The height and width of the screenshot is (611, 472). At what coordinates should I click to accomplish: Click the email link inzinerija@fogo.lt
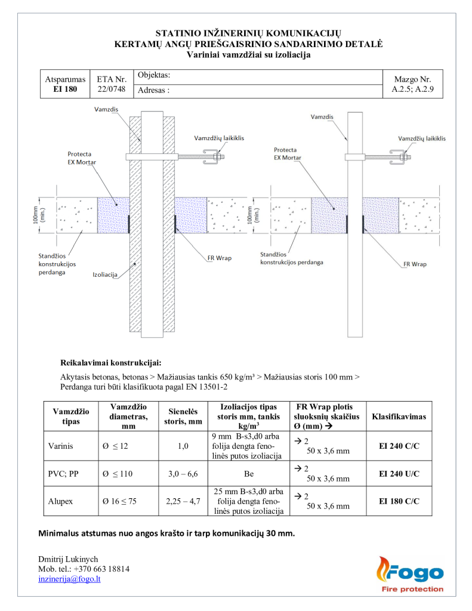tap(69, 579)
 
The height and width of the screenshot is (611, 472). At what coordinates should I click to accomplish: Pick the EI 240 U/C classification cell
tap(399, 474)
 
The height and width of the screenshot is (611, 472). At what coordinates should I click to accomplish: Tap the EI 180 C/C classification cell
tap(399, 501)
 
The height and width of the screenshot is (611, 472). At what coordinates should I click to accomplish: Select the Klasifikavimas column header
tap(399, 416)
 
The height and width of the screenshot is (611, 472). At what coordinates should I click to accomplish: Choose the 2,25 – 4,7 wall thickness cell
tap(183, 501)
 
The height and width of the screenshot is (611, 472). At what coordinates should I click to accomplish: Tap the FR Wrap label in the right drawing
tap(415, 263)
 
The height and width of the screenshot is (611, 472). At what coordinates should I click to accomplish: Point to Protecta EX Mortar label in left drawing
tap(82, 158)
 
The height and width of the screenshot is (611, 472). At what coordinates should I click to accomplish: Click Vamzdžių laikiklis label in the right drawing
tap(422, 138)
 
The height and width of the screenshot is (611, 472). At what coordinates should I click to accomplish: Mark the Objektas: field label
tap(155, 76)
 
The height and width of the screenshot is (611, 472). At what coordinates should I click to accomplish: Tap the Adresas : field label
tap(154, 91)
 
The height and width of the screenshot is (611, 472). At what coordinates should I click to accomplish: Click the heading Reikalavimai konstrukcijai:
tap(111, 362)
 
